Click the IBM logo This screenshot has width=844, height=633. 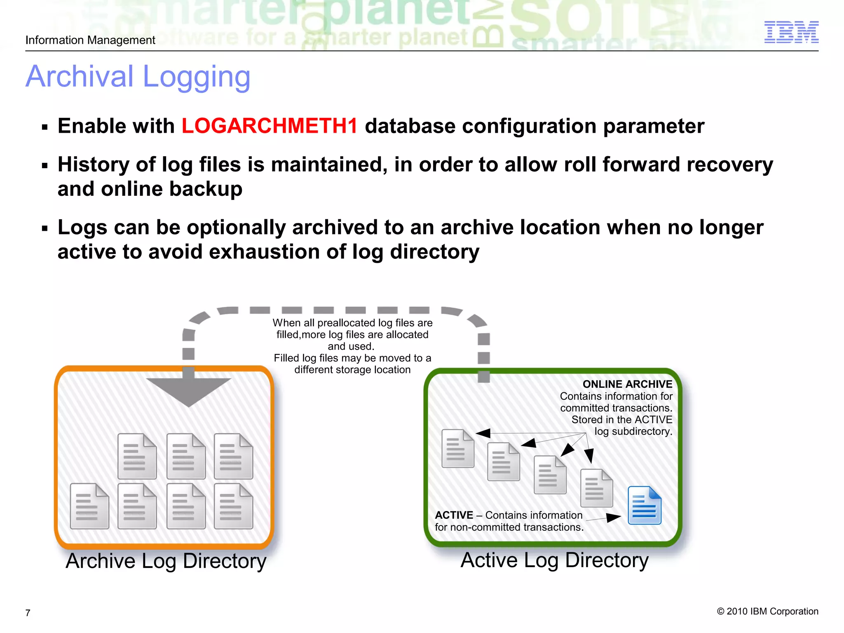click(791, 32)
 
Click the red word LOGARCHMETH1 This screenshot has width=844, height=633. click(270, 126)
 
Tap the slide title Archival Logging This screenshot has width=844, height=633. click(138, 77)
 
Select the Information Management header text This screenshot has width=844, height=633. click(90, 40)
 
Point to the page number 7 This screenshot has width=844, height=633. click(28, 613)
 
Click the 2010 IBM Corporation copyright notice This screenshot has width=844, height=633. click(767, 611)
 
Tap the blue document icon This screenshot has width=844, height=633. click(644, 505)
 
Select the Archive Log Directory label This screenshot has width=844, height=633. click(166, 561)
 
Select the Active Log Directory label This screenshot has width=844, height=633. click(554, 560)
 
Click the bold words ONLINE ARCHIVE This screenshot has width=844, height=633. click(627, 384)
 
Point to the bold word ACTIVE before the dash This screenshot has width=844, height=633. click(454, 515)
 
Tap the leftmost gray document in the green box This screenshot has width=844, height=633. click(457, 448)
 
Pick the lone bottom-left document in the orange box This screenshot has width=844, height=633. click(89, 506)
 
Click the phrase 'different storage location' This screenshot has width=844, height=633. click(352, 370)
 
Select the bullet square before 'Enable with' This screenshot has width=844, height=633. click(45, 127)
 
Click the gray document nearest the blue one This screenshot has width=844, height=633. click(596, 488)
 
